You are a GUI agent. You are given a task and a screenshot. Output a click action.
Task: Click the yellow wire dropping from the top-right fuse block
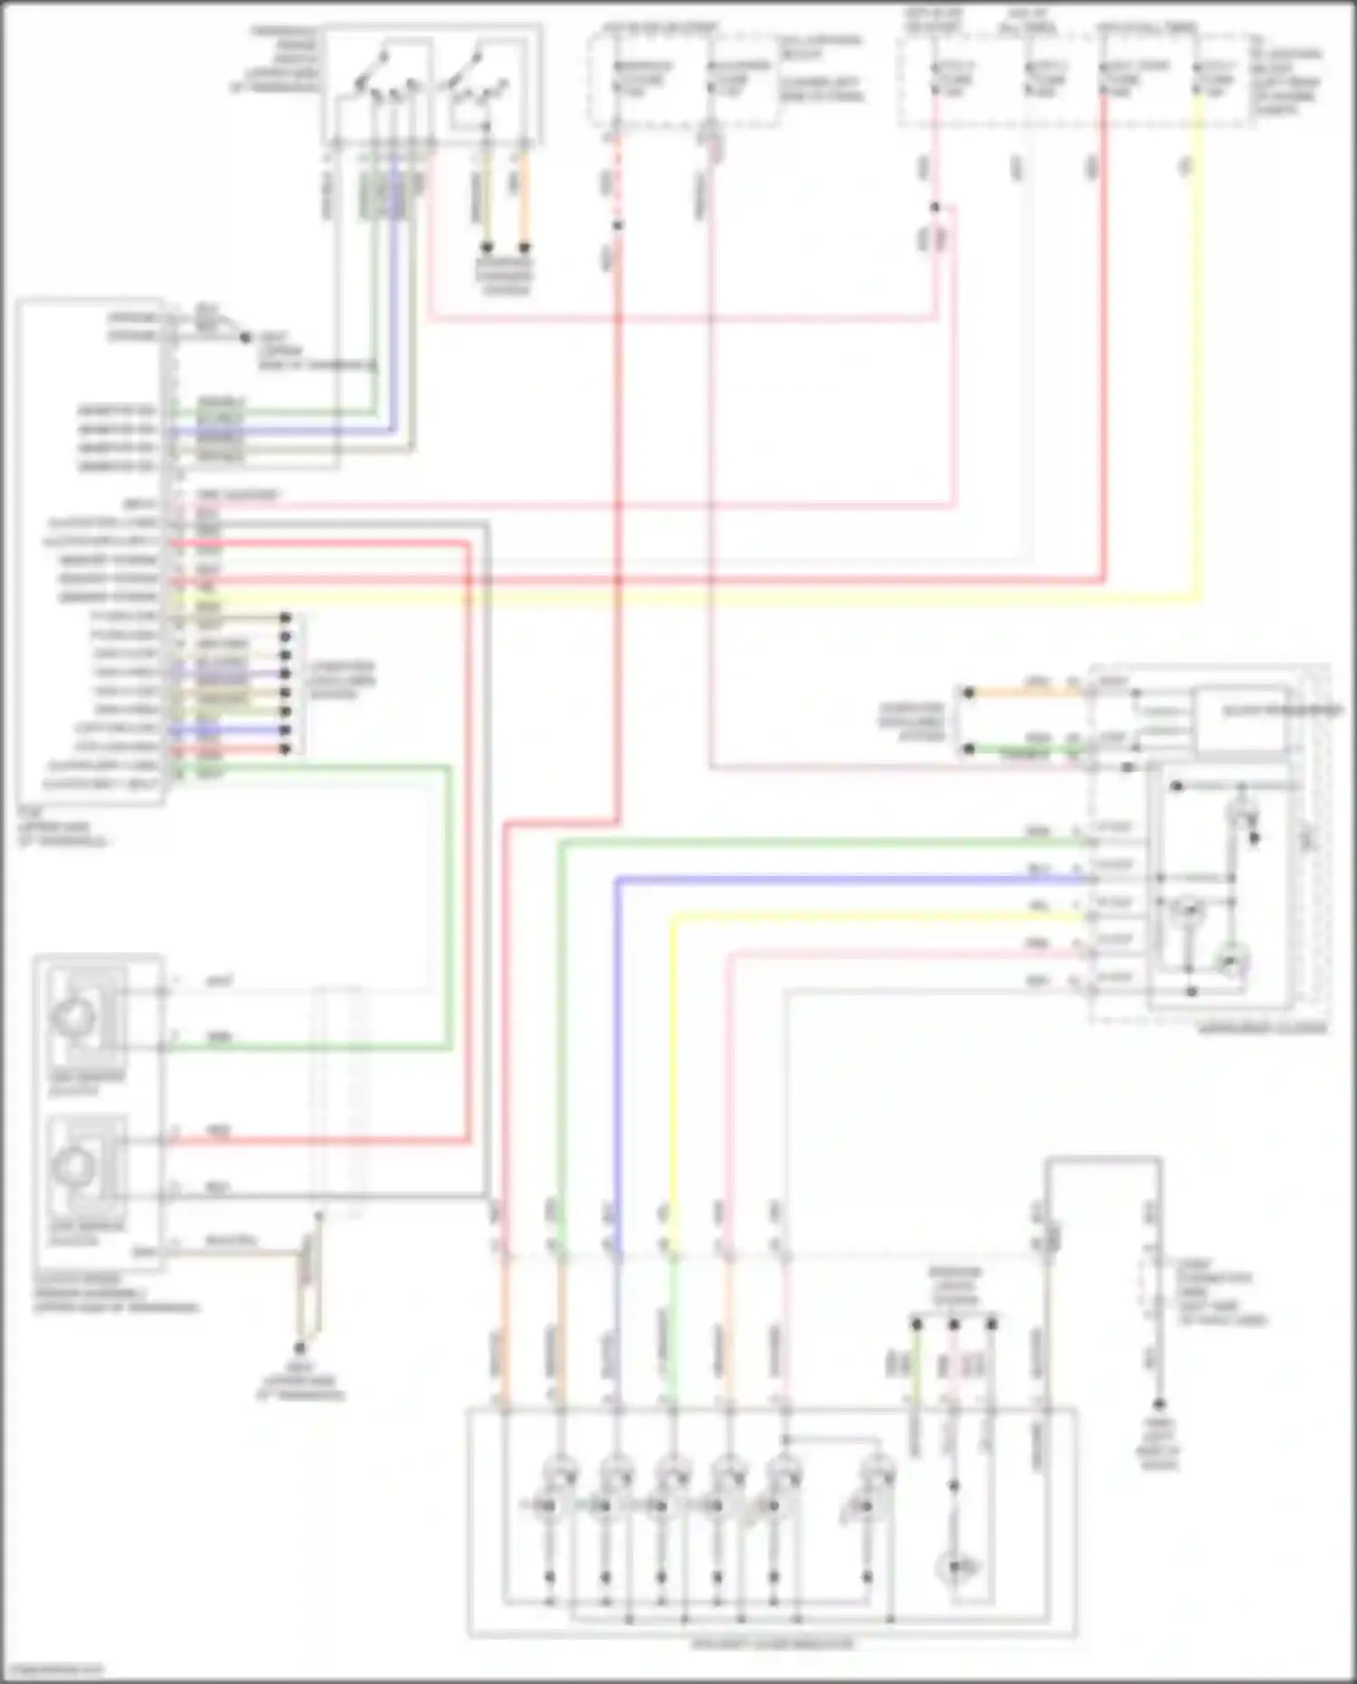click(1200, 362)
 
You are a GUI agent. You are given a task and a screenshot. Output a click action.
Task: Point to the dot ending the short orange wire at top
click(524, 247)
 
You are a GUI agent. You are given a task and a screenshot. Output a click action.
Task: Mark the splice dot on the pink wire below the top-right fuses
click(935, 207)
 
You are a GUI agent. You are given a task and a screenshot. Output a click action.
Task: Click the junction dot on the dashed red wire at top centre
click(617, 224)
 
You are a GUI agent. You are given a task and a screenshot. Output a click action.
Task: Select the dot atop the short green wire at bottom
click(916, 1325)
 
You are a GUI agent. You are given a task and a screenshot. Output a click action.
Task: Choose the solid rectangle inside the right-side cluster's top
click(1241, 719)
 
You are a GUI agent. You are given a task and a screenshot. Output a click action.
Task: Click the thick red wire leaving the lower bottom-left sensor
click(317, 1141)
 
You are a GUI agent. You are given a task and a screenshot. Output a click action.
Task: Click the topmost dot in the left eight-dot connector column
click(285, 618)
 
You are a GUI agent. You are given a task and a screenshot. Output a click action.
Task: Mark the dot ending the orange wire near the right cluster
click(968, 693)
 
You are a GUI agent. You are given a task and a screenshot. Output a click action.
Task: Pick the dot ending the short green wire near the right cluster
click(968, 749)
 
